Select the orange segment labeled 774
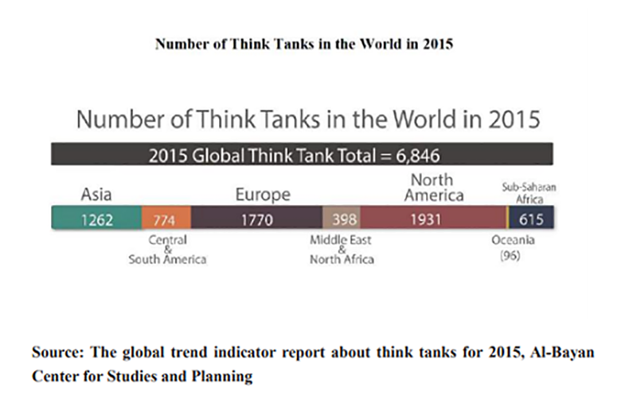[x=167, y=219]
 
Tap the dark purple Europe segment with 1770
[x=256, y=219]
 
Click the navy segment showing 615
[x=531, y=219]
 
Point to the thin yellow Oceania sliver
[x=507, y=219]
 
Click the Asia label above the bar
[x=96, y=194]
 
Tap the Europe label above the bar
[x=263, y=195]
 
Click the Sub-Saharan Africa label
[x=528, y=192]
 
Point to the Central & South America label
[x=168, y=250]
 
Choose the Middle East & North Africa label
[x=342, y=249]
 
